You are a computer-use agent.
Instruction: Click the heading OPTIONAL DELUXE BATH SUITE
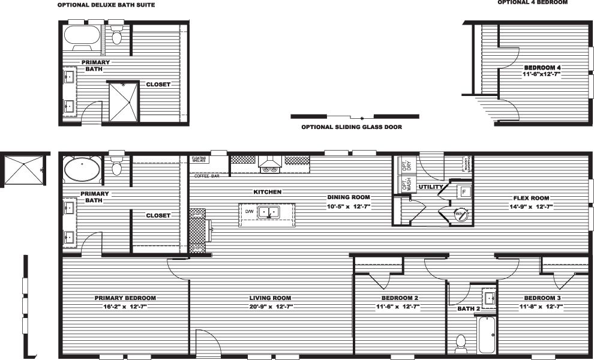coord(106,5)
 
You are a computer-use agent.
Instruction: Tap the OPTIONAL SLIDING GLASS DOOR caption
coord(352,127)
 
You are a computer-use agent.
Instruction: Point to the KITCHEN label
coord(267,192)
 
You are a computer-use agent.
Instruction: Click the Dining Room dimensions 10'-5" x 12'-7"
coord(349,206)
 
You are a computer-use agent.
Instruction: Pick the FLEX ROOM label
coord(531,198)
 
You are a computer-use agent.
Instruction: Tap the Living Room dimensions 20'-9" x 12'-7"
coord(270,307)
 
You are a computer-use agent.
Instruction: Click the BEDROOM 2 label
coord(400,298)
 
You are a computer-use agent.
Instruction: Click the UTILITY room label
coord(431,187)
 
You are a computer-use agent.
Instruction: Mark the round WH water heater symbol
coord(460,213)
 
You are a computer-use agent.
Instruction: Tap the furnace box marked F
coord(464,191)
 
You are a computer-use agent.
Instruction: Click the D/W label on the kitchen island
coord(248,212)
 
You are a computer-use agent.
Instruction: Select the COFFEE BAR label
coord(206,176)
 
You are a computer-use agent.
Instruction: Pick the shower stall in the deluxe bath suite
coord(123,101)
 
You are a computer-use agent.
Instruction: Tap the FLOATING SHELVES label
coord(199,160)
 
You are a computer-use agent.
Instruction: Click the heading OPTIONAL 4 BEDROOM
coord(532,2)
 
